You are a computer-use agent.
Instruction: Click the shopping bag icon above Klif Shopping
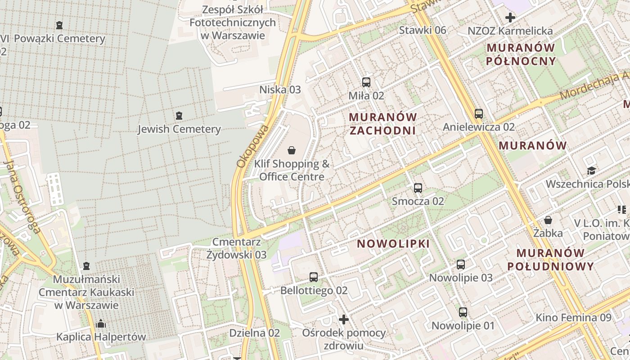click(x=292, y=150)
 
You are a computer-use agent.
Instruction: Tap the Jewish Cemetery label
click(x=179, y=130)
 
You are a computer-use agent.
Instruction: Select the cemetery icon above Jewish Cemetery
click(x=179, y=116)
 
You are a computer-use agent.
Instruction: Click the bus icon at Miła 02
click(x=366, y=82)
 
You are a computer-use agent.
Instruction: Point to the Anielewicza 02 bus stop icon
click(x=478, y=114)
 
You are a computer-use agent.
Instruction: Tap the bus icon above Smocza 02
click(x=418, y=188)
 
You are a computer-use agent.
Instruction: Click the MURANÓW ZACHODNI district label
click(x=382, y=124)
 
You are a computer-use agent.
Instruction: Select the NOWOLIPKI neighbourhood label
click(x=393, y=244)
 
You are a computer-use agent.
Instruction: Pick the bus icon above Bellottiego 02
click(x=314, y=277)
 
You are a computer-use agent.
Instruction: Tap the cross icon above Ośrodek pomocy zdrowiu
click(x=344, y=319)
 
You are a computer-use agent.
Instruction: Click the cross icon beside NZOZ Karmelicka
click(x=510, y=18)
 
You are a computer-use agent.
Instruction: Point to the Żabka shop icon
click(x=548, y=220)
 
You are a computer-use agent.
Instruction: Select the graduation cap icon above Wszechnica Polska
click(x=591, y=171)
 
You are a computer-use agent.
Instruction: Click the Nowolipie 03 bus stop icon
click(x=461, y=265)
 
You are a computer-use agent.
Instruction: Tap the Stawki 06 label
click(x=423, y=30)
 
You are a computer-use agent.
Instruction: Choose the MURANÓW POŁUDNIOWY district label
click(x=557, y=260)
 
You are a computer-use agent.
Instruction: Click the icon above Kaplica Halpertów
click(x=101, y=324)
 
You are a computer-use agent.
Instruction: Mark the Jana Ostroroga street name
click(x=21, y=198)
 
